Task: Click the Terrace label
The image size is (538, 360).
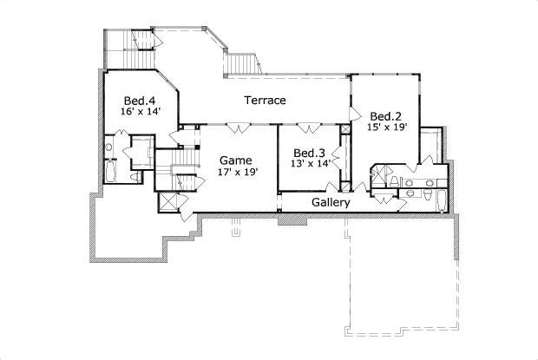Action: [x=265, y=101]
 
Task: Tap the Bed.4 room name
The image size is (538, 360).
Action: [x=139, y=100]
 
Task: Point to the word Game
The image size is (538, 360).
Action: [x=235, y=160]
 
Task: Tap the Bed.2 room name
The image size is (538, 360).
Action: [x=385, y=116]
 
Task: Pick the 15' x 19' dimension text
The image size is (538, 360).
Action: [x=385, y=128]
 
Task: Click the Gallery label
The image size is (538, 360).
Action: [x=331, y=203]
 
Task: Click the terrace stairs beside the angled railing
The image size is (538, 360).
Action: [x=242, y=64]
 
